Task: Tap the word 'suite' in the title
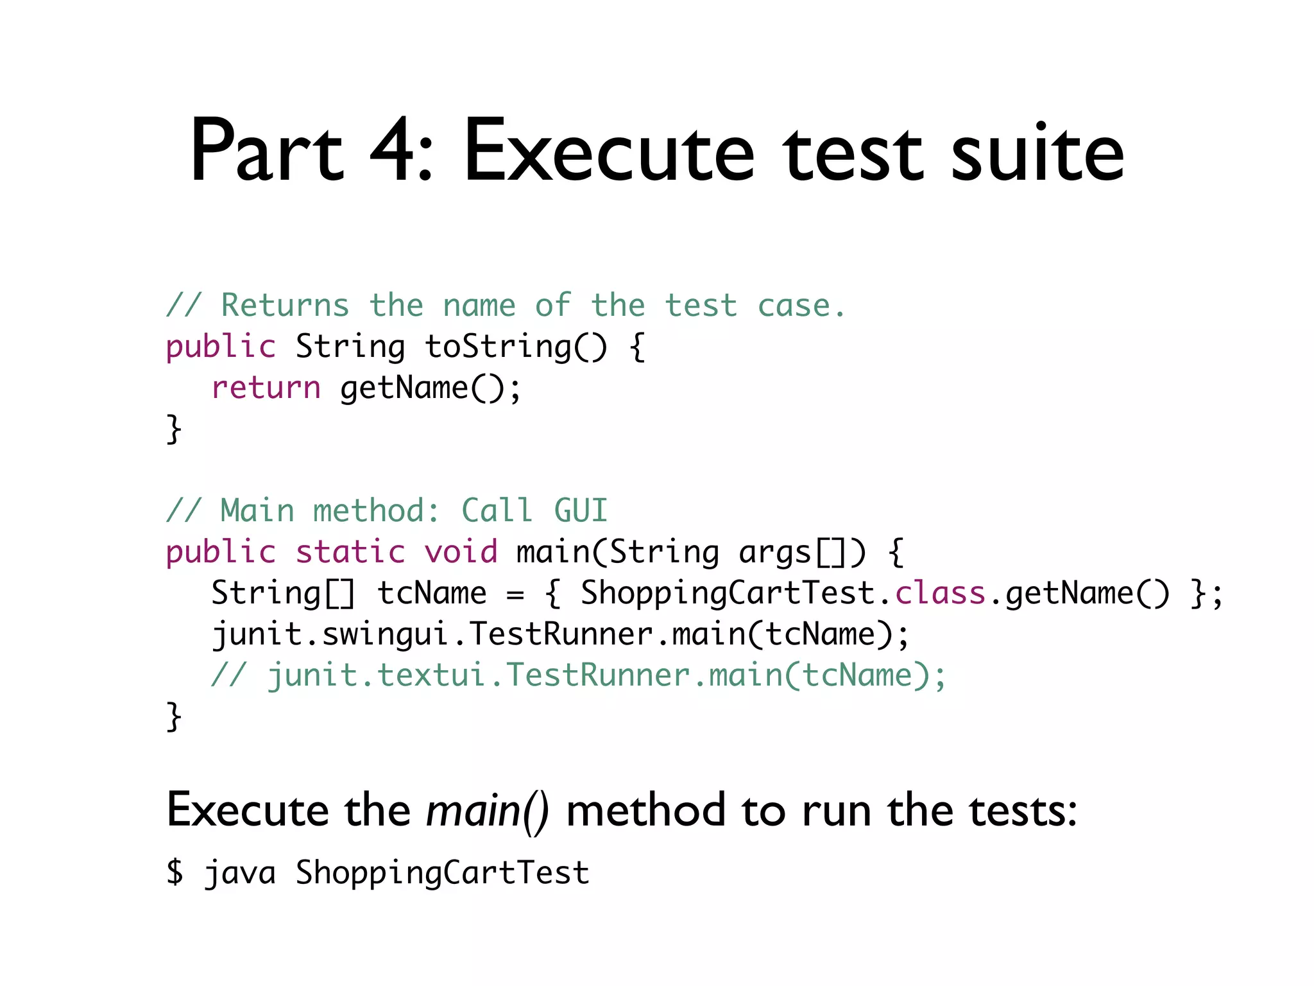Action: (1037, 152)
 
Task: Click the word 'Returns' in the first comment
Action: (285, 306)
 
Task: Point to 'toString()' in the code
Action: (515, 347)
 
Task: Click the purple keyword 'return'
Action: (266, 388)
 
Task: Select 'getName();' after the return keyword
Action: (431, 388)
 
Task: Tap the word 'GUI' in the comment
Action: (580, 511)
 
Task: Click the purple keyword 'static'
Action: (350, 552)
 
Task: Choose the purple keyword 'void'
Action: (461, 552)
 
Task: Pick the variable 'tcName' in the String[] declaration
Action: (432, 593)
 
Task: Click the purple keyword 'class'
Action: (940, 593)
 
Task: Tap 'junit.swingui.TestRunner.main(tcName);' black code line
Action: (560, 634)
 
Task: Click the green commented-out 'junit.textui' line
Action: (578, 675)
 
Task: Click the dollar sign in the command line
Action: (175, 872)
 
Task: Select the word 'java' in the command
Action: (240, 874)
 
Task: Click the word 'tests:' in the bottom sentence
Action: (1023, 811)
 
